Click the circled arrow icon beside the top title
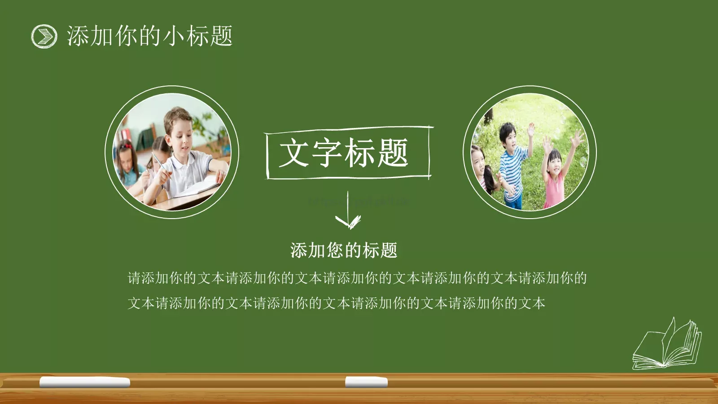[x=44, y=36]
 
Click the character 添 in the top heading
[x=78, y=36]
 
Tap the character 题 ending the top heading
[x=221, y=36]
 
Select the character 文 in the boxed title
[x=294, y=153]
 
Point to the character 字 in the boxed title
[x=327, y=153]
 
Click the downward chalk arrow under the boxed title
[x=348, y=211]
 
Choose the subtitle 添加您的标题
[x=344, y=250]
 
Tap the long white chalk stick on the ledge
[x=85, y=382]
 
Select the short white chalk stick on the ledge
[x=366, y=382]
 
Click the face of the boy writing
[x=179, y=135]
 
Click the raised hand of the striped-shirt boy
[x=531, y=130]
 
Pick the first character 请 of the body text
[x=135, y=278]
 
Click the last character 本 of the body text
[x=538, y=303]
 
